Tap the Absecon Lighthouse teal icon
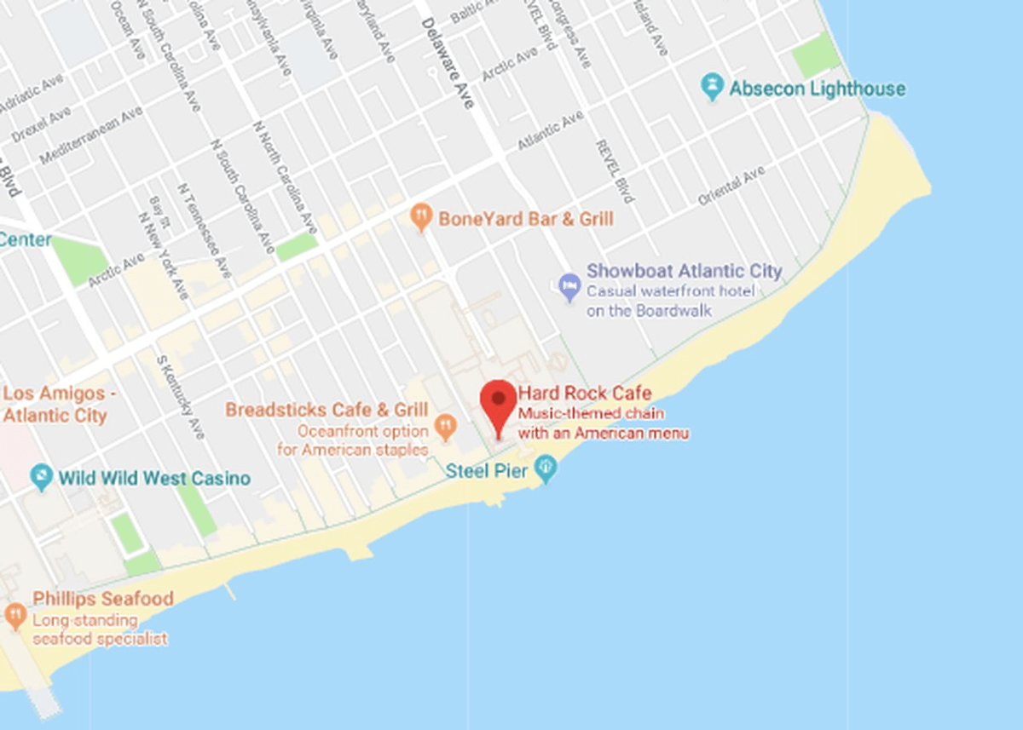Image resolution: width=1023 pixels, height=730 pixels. (712, 88)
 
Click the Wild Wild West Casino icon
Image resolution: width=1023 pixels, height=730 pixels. (41, 478)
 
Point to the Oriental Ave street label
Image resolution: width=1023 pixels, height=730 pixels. (731, 186)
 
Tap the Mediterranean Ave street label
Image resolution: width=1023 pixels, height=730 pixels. (91, 135)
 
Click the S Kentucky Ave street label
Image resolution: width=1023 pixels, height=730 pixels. (181, 395)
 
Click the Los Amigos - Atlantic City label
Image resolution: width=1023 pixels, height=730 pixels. (58, 405)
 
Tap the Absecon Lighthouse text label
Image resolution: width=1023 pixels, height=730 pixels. (817, 89)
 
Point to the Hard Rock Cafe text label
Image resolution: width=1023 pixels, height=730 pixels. (585, 394)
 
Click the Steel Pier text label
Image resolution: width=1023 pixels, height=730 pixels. (487, 470)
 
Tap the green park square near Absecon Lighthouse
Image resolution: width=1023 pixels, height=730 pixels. (816, 56)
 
